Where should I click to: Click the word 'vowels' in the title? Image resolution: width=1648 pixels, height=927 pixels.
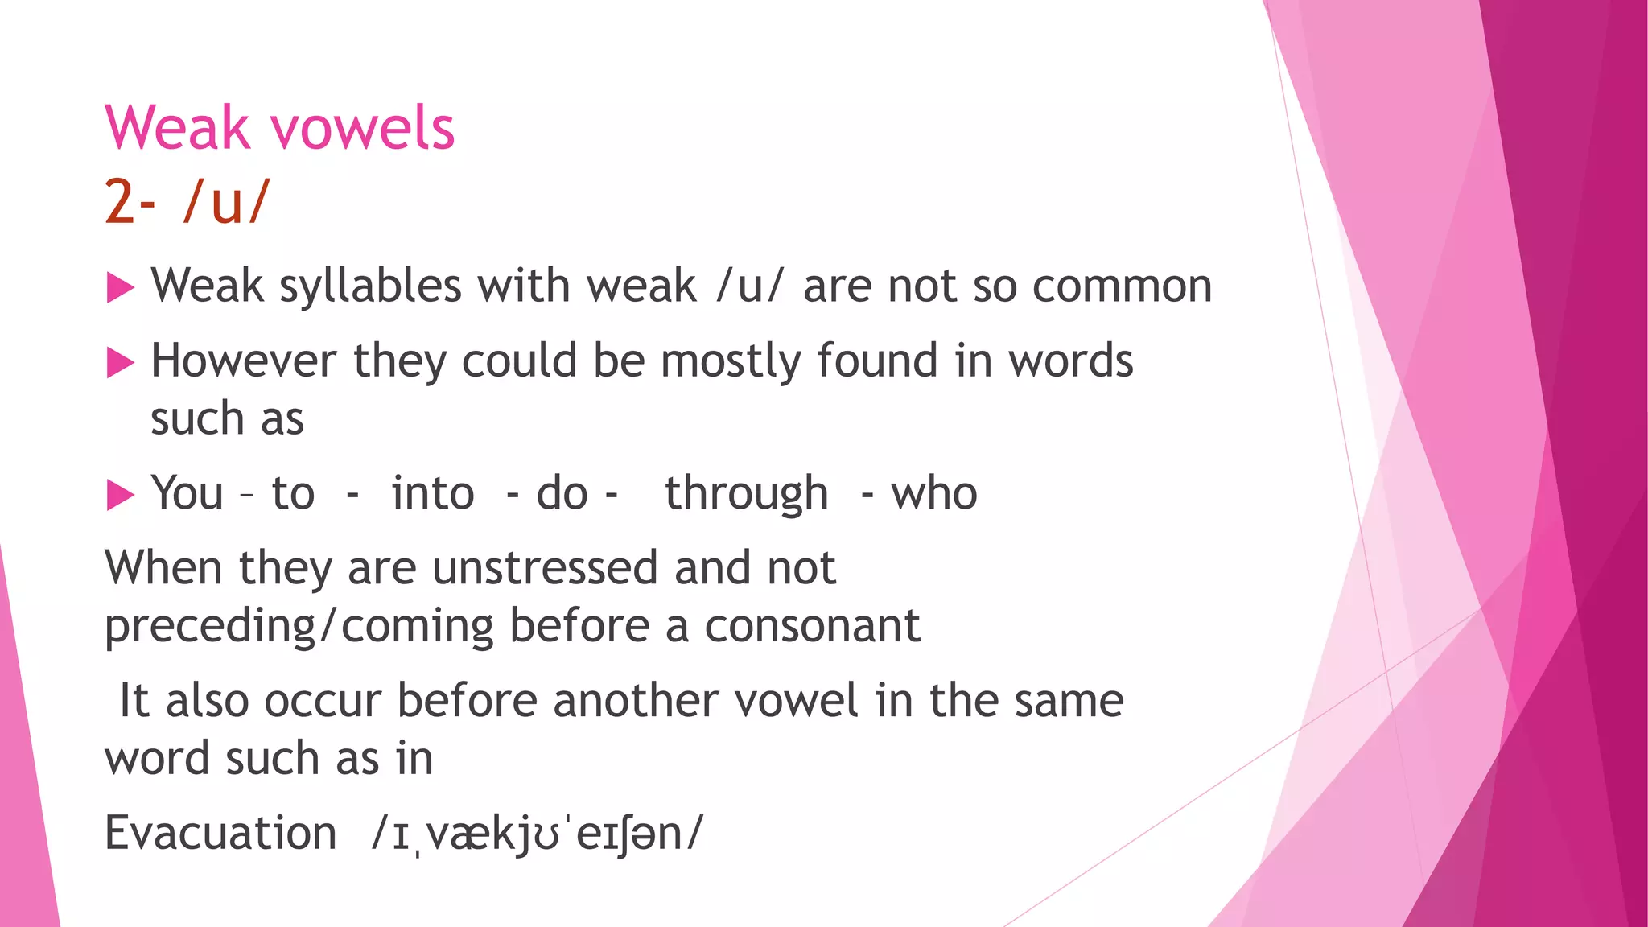coord(362,129)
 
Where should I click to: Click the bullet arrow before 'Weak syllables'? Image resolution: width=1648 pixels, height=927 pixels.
coord(120,287)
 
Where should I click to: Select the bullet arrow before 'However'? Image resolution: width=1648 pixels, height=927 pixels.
coord(120,362)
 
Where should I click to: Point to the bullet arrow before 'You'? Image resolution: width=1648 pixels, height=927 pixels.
coord(120,495)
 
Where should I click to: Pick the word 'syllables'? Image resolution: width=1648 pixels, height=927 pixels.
coord(370,286)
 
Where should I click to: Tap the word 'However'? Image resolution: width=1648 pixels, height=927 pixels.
coord(243,360)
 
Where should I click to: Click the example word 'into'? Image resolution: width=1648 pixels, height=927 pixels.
coord(433,493)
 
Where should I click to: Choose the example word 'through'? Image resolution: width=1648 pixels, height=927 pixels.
coord(746,493)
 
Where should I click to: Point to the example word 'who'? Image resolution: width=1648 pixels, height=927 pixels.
coord(933,493)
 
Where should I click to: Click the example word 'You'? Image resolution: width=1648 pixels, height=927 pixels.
coord(187,493)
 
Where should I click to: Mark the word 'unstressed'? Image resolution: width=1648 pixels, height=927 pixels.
coord(546,568)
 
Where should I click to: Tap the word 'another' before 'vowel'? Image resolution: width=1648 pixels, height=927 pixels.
coord(636,700)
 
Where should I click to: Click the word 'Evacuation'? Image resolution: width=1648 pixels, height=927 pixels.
coord(220,833)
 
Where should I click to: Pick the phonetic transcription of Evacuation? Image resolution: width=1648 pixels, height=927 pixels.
coord(538,834)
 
